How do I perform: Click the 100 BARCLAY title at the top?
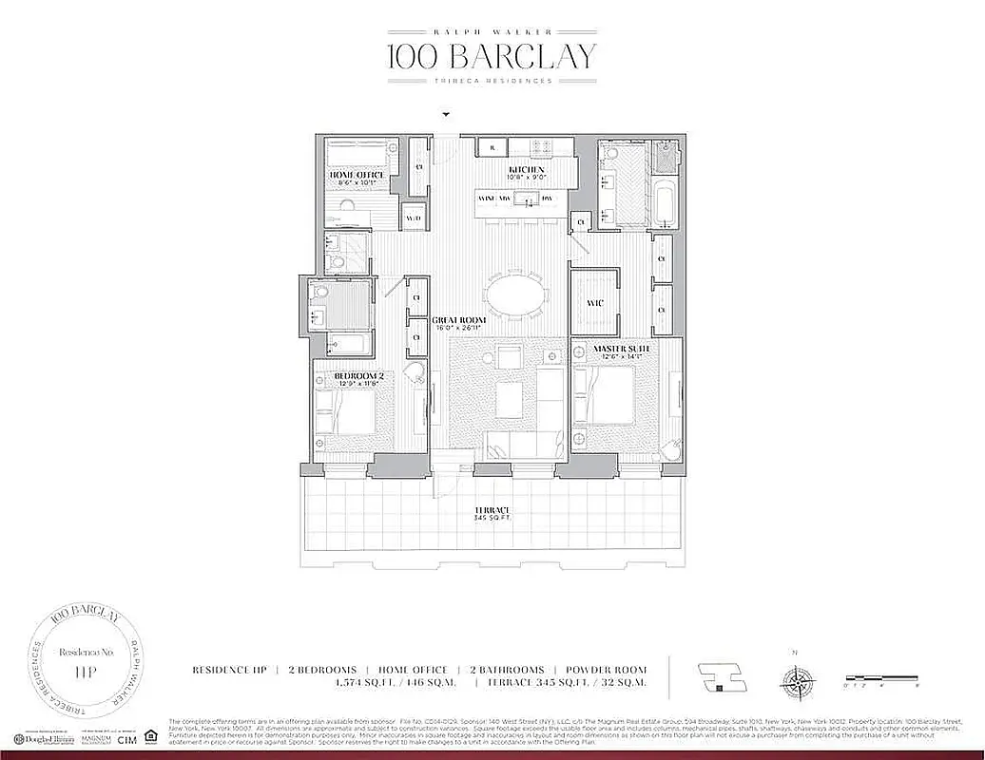(492, 56)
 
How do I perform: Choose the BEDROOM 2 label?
(357, 377)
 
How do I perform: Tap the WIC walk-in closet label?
(594, 304)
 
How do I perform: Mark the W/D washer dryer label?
(414, 218)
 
